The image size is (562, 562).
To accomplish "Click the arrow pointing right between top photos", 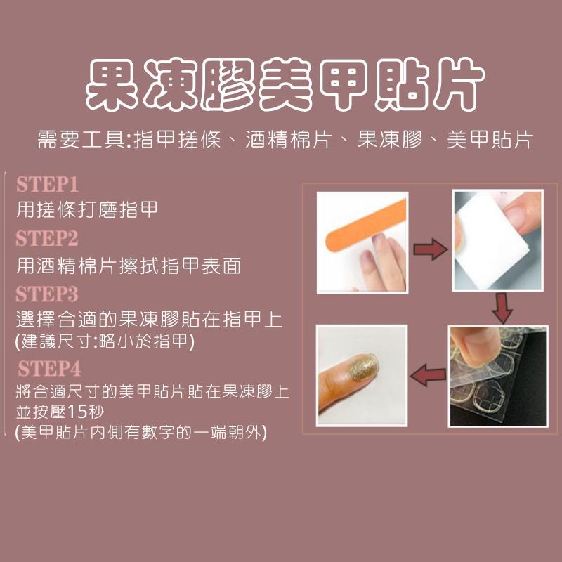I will point(430,247).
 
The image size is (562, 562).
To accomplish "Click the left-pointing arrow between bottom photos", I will point(429,374).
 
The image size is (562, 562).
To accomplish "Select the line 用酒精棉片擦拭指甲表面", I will point(129,266).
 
